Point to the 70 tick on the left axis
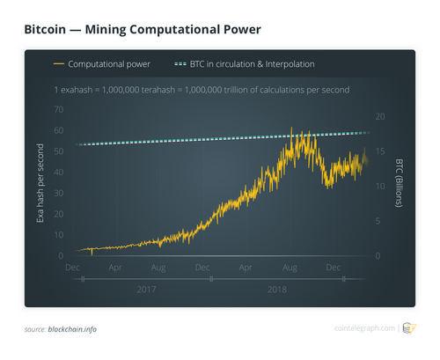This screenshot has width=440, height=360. coord(59,109)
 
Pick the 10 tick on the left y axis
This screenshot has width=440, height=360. coord(59,236)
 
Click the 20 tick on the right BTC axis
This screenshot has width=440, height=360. coord(379,116)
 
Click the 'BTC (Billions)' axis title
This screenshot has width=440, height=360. coord(398,182)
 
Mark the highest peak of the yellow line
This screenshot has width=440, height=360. coord(292,129)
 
